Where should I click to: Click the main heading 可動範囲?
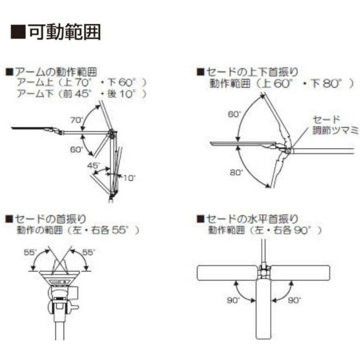click(x=65, y=31)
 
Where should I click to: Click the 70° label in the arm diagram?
click(x=77, y=120)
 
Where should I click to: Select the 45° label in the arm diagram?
click(x=94, y=165)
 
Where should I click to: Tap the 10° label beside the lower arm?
click(x=130, y=178)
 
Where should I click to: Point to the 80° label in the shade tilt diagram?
click(x=237, y=172)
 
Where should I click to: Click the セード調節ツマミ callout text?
click(x=336, y=125)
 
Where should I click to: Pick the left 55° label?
click(x=31, y=252)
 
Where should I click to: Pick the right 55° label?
click(x=89, y=252)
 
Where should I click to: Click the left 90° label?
click(x=234, y=300)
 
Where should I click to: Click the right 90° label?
click(x=295, y=300)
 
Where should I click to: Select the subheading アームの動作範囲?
click(x=56, y=72)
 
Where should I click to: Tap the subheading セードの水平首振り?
click(x=252, y=219)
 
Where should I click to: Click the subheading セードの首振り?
click(x=50, y=219)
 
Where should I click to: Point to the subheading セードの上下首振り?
click(x=252, y=72)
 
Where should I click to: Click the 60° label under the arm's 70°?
click(x=77, y=150)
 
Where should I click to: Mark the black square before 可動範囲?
click(x=18, y=31)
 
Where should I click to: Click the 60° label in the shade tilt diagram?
click(x=234, y=114)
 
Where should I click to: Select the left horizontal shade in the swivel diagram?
click(x=227, y=273)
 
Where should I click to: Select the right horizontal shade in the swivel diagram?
click(x=301, y=273)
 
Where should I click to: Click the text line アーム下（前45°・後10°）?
click(x=82, y=94)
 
